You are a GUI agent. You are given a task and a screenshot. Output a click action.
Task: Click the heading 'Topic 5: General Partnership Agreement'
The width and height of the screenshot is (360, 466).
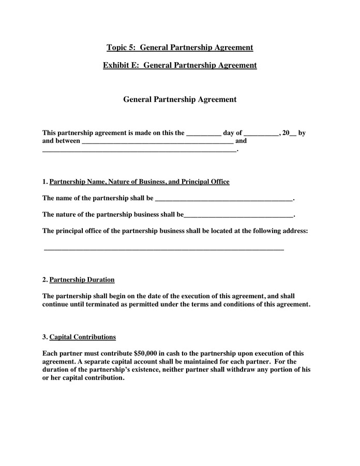(x=179, y=48)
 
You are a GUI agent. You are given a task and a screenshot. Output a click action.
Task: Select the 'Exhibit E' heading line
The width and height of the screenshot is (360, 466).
(x=179, y=65)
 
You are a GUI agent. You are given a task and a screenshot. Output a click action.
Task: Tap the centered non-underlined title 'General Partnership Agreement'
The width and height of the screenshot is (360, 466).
(x=179, y=99)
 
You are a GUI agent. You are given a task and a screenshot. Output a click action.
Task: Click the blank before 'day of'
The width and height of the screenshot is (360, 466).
(x=203, y=134)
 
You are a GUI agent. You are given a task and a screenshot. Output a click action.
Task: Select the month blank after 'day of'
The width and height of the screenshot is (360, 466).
(x=261, y=134)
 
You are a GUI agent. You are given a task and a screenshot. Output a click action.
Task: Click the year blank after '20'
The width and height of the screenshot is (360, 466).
(x=293, y=134)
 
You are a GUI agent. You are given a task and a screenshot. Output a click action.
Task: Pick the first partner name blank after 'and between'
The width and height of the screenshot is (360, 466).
(x=158, y=141)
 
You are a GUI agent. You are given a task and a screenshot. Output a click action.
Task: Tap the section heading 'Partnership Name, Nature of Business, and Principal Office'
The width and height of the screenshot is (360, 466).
(x=139, y=182)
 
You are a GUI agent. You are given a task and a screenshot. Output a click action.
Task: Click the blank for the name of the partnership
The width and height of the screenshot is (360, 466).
(x=223, y=199)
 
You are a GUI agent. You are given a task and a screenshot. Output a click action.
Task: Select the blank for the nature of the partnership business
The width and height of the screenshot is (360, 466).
(x=238, y=215)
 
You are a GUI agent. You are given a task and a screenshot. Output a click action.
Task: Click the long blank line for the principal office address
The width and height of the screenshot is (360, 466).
(x=164, y=250)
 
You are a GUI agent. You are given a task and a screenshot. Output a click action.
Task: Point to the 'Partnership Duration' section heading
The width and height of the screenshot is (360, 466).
(x=82, y=280)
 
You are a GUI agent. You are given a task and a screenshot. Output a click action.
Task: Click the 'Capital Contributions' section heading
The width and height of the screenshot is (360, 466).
(x=82, y=337)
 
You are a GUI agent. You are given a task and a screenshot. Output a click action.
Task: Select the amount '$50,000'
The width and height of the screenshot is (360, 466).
(x=145, y=353)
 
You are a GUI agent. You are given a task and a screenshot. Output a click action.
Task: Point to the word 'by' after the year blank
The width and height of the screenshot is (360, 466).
(x=302, y=133)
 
